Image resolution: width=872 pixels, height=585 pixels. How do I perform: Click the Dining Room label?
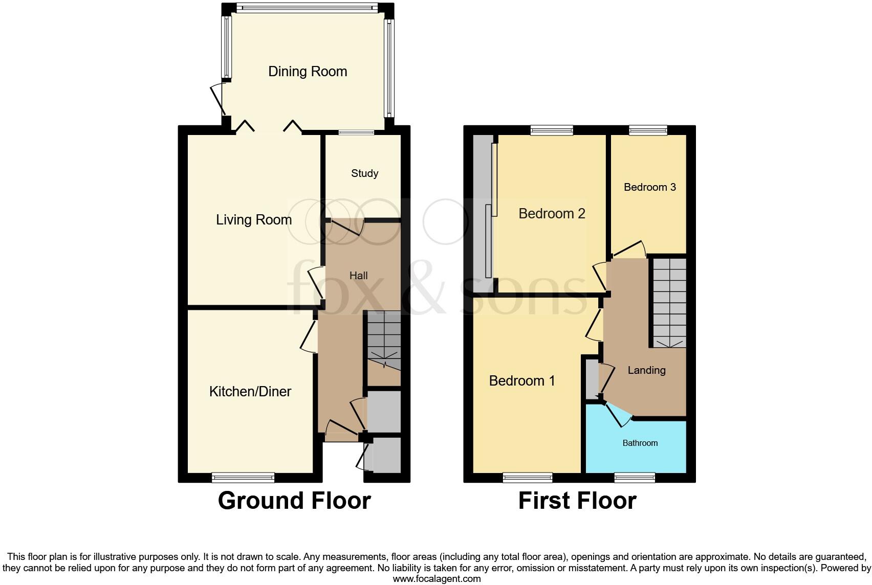(x=308, y=72)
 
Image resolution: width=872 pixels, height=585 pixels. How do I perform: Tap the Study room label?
(x=364, y=173)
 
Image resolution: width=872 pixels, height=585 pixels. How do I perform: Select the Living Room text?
(x=254, y=220)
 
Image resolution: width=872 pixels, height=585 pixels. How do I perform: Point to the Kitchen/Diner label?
(x=250, y=392)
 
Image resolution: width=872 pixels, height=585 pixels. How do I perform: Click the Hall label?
(x=358, y=276)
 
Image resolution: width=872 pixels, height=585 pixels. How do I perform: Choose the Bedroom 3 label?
(x=649, y=187)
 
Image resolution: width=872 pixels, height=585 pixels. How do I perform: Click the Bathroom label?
(x=640, y=443)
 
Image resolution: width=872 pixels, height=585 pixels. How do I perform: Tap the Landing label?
(x=646, y=370)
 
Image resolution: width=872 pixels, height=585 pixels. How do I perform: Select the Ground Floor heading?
(x=294, y=501)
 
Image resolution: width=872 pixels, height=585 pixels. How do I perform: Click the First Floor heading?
(x=577, y=501)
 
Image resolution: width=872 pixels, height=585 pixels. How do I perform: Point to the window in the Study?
(x=356, y=132)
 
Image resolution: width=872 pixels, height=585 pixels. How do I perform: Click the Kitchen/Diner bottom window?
(x=244, y=478)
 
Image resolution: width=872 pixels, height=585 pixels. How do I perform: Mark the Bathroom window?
(x=635, y=478)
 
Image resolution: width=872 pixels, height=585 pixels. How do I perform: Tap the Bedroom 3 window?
(x=648, y=130)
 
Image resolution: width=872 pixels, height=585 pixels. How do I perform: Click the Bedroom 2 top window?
(x=551, y=130)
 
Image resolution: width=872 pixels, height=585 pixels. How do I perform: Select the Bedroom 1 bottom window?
(x=528, y=478)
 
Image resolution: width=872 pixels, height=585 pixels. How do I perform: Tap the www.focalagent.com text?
(x=437, y=579)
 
